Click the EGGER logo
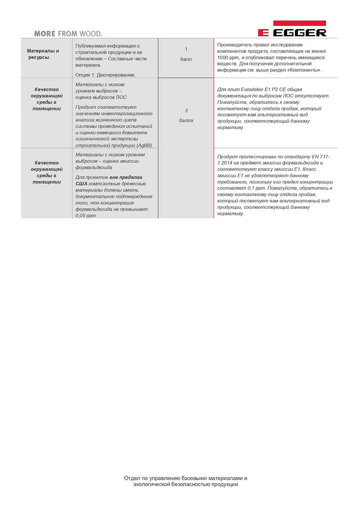(292, 28)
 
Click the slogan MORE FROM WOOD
(68, 33)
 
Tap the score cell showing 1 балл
(186, 54)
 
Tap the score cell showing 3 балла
(186, 116)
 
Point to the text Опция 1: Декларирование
(105, 74)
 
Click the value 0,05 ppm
(86, 215)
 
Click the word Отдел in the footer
(132, 478)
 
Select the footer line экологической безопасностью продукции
(185, 484)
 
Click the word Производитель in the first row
(235, 45)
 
